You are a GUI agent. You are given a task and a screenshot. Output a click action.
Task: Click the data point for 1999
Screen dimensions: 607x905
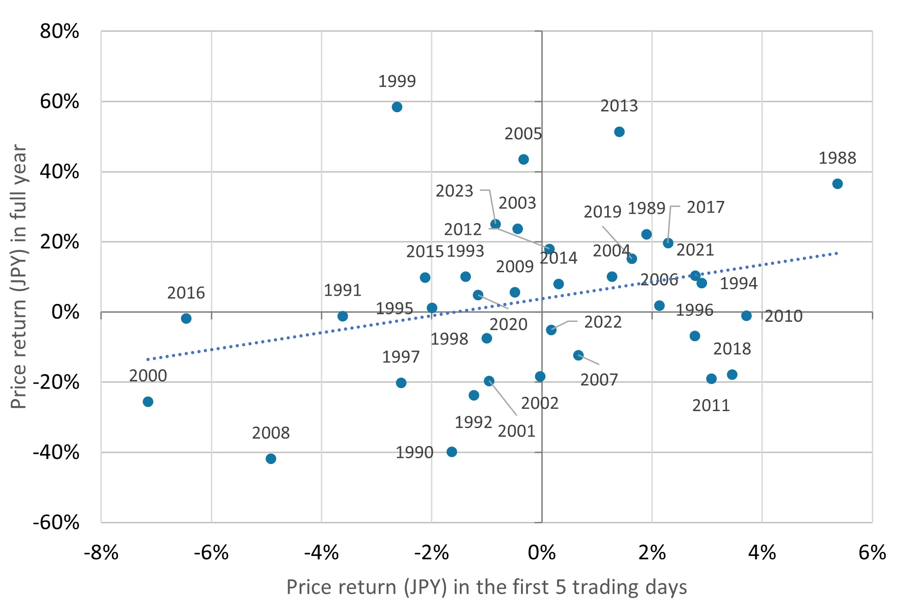pos(397,107)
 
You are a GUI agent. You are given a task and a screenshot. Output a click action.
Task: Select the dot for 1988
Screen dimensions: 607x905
pos(837,184)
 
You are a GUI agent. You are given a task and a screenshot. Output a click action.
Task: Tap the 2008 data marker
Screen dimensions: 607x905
pos(271,458)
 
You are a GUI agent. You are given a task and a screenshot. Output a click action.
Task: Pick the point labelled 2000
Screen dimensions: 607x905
pos(148,402)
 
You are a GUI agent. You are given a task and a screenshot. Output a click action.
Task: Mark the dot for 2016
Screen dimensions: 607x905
pos(186,318)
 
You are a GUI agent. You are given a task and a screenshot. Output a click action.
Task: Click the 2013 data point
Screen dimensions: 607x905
pos(619,132)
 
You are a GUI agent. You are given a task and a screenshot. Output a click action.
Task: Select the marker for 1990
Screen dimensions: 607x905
pos(452,452)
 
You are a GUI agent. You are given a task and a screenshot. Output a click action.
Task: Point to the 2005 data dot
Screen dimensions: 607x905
pos(523,160)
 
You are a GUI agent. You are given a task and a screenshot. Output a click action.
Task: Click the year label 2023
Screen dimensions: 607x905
pos(454,191)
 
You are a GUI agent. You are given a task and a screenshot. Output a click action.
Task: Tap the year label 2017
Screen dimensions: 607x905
pos(705,207)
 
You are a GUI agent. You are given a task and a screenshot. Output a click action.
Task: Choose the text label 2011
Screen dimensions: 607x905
pos(711,406)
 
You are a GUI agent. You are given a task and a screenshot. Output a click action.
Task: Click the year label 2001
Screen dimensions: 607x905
pos(516,431)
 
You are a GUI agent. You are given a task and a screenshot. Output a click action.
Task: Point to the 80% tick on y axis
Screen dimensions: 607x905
pos(59,32)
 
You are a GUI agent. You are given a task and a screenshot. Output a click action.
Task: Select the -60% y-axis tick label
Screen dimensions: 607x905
pos(56,522)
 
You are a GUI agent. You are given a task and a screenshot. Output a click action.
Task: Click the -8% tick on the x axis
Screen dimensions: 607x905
pos(101,553)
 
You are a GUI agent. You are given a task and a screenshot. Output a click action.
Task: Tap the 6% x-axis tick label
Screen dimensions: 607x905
pos(872,553)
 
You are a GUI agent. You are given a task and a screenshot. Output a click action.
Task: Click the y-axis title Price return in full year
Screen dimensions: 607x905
pos(19,276)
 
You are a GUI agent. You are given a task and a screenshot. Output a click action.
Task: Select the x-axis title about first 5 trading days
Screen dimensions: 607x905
pos(487,587)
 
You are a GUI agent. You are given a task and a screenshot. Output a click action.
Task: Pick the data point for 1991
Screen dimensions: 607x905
pos(342,316)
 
